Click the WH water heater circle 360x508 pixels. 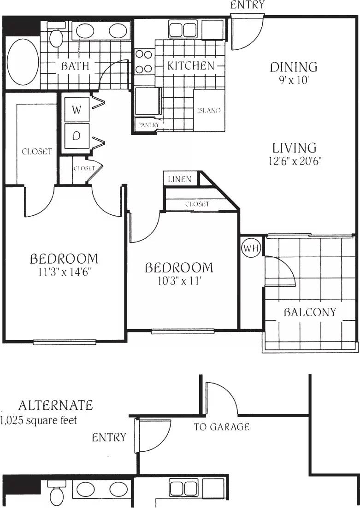click(251, 248)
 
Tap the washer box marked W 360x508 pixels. click(77, 110)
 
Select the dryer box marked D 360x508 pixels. click(77, 136)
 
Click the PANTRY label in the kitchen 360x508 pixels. click(148, 125)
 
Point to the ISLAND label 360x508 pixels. click(208, 111)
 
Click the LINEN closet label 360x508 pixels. click(180, 179)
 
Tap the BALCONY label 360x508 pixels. click(310, 312)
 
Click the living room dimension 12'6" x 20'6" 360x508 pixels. click(295, 161)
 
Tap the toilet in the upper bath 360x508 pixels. click(56, 36)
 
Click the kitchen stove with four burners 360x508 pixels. click(144, 61)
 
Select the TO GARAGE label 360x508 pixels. click(222, 427)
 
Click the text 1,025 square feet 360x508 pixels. click(39, 420)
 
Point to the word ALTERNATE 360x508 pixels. click(55, 406)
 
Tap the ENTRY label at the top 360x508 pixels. click(248, 5)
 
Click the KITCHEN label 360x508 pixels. click(190, 66)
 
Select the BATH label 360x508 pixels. click(75, 66)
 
